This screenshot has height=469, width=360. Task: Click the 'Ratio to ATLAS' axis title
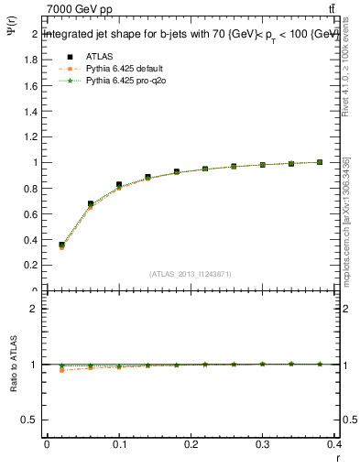(12, 365)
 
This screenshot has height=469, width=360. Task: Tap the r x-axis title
(338, 458)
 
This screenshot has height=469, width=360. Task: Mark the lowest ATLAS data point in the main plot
(61, 245)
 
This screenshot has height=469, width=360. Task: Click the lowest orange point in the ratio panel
(61, 370)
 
